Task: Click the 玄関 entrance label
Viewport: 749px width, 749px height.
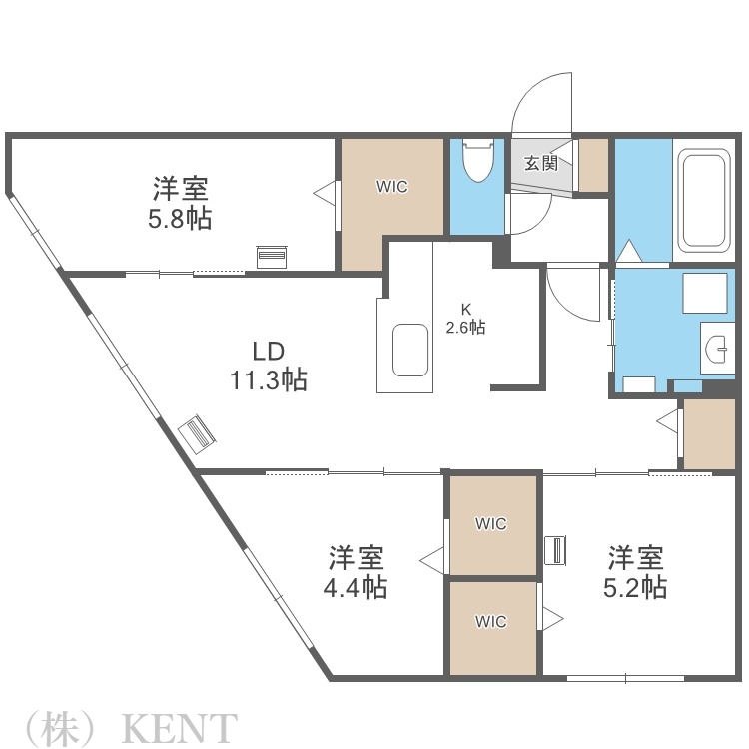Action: point(541,164)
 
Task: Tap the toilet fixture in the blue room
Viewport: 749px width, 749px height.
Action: point(477,160)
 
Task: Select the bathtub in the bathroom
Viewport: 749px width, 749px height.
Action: point(704,203)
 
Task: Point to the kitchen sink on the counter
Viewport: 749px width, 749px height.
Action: point(409,348)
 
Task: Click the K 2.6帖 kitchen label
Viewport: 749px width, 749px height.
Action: point(465,318)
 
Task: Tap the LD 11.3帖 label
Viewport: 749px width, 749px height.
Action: point(267,365)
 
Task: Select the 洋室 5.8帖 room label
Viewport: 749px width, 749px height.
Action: point(181,203)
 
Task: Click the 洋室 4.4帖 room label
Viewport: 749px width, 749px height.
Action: point(356,571)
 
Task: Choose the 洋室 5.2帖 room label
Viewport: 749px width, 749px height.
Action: point(636,571)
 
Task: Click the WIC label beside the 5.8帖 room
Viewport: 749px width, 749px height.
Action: point(391,187)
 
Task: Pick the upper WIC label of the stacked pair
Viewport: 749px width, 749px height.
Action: point(490,523)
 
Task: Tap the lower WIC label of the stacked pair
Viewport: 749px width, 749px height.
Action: point(490,621)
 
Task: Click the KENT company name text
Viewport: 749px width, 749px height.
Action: point(180,727)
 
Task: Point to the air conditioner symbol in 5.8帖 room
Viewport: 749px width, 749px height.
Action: point(271,257)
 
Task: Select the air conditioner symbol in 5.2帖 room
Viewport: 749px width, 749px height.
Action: point(555,549)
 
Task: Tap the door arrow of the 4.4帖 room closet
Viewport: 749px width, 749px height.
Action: point(432,560)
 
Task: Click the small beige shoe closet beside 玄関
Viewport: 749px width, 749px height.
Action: point(593,165)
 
